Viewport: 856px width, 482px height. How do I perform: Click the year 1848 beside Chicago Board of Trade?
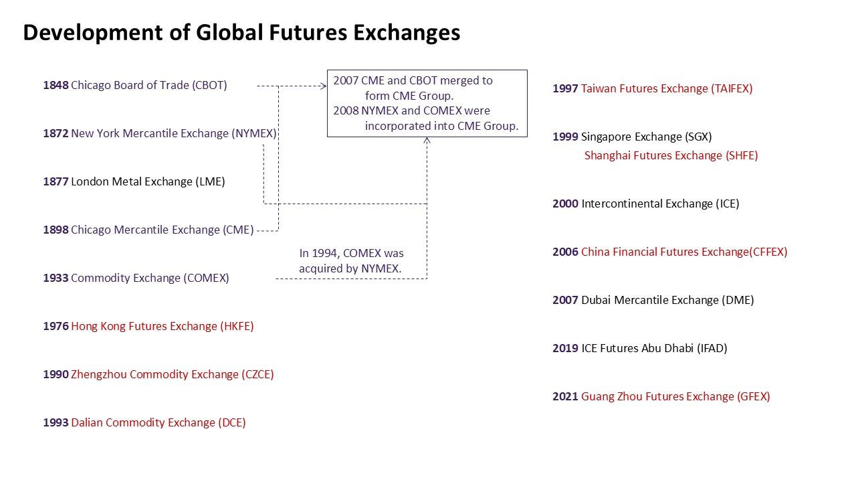pyautogui.click(x=56, y=85)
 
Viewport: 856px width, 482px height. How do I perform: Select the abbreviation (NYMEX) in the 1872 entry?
pyautogui.click(x=253, y=133)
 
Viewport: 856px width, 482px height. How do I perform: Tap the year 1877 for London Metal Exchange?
pyautogui.click(x=56, y=181)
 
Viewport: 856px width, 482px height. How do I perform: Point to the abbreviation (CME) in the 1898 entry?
pyautogui.click(x=238, y=230)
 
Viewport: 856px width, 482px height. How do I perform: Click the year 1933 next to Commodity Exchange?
pyautogui.click(x=56, y=278)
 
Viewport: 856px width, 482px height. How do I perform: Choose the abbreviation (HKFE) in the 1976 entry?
pyautogui.click(x=237, y=326)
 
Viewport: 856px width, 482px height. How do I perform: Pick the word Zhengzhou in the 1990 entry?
pyautogui.click(x=99, y=374)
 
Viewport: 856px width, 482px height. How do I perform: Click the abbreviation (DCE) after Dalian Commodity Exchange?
pyautogui.click(x=231, y=422)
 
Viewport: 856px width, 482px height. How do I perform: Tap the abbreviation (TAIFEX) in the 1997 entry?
pyautogui.click(x=732, y=89)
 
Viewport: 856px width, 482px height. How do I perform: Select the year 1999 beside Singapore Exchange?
pyautogui.click(x=565, y=137)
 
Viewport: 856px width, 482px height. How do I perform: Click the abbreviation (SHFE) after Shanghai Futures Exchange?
pyautogui.click(x=742, y=156)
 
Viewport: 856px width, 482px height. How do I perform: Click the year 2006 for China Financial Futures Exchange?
pyautogui.click(x=565, y=252)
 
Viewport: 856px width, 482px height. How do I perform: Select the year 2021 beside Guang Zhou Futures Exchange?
pyautogui.click(x=565, y=396)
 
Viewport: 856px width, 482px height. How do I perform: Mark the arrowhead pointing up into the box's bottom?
pyautogui.click(x=427, y=141)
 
